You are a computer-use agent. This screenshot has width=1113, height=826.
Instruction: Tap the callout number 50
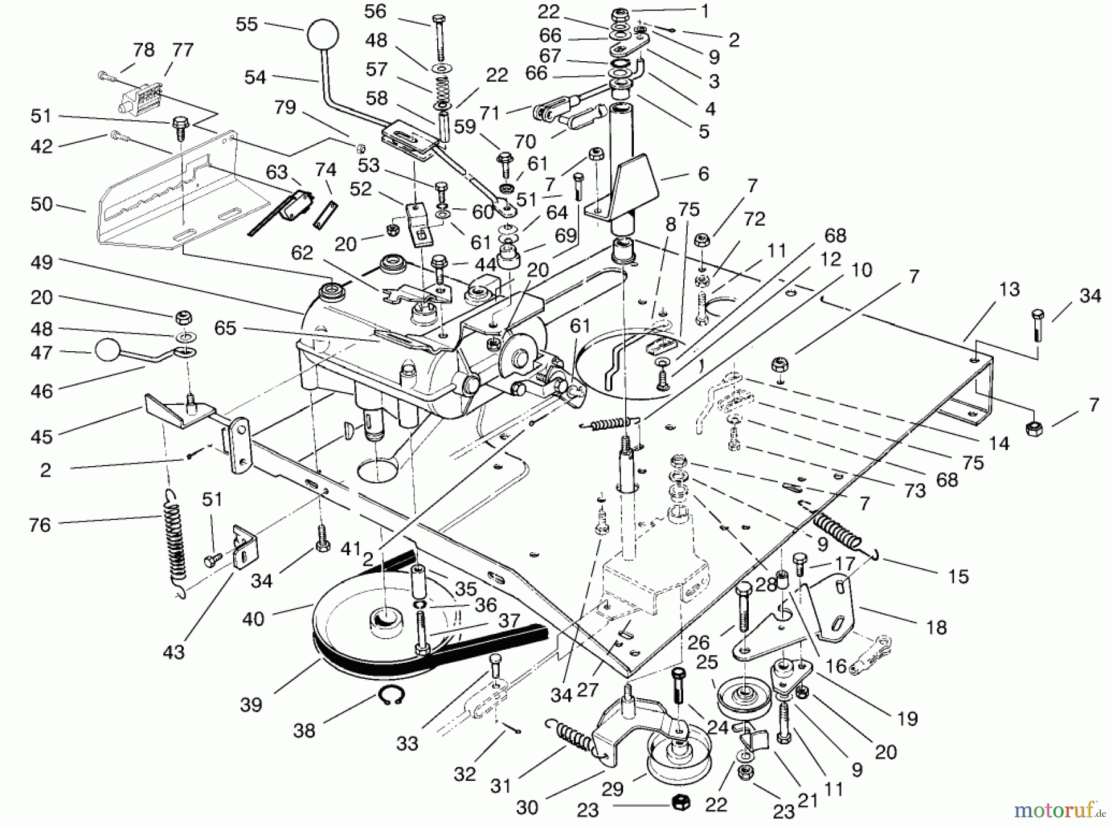click(42, 204)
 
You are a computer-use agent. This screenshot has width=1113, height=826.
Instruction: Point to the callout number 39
click(251, 704)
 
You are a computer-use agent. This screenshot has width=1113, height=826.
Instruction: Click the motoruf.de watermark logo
click(1062, 808)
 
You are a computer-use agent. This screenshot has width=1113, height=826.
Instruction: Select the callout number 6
click(703, 174)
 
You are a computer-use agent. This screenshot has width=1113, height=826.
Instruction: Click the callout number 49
click(42, 262)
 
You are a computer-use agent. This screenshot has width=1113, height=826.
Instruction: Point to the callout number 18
click(937, 628)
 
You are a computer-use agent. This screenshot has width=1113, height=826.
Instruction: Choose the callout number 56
click(375, 11)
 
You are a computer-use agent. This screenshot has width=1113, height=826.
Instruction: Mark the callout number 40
click(254, 618)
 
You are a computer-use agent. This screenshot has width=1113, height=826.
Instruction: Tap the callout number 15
click(958, 576)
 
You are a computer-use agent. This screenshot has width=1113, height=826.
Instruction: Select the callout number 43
click(174, 652)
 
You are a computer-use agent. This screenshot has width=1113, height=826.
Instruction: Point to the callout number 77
click(182, 49)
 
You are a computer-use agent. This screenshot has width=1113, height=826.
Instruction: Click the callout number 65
click(225, 328)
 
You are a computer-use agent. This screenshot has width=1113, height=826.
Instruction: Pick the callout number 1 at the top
click(705, 11)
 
